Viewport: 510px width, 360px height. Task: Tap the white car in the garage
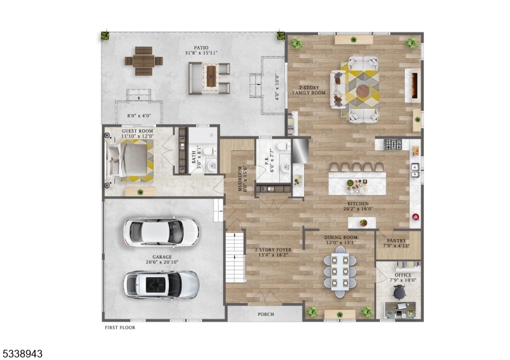click(x=160, y=233)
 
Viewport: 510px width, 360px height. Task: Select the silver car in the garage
click(x=161, y=284)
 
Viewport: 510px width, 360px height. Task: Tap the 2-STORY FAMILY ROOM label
click(x=309, y=90)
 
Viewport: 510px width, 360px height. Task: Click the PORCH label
click(x=265, y=314)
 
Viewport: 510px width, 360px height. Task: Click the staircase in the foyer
click(x=235, y=257)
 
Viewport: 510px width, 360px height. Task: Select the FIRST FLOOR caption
click(x=120, y=328)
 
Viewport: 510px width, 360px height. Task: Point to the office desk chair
click(x=400, y=292)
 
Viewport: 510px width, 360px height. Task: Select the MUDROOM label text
click(x=241, y=180)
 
